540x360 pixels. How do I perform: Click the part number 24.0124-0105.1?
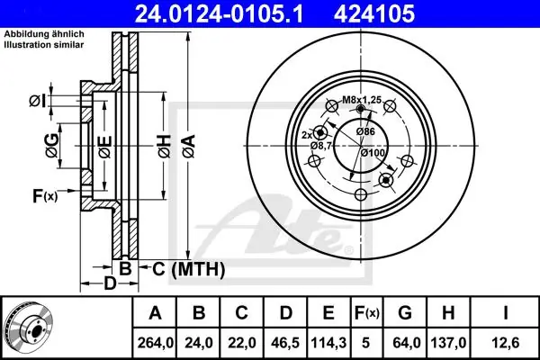coord(219,14)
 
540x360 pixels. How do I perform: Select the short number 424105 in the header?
coord(374,14)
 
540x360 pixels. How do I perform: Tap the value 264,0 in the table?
coord(156,343)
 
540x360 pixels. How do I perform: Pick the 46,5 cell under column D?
coord(285,343)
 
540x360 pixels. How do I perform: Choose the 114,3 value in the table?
coord(328,343)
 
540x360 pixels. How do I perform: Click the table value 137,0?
coord(448,343)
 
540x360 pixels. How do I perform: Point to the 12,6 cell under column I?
coord(505,343)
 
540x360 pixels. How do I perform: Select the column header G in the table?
coord(405,313)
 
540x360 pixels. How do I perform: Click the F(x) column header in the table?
coord(366,313)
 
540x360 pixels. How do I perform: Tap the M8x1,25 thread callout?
coord(362,100)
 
